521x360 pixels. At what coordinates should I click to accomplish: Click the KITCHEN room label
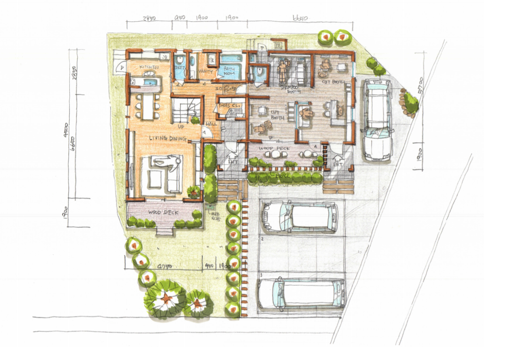click(x=149, y=67)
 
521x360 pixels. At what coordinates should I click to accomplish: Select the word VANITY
click(x=206, y=72)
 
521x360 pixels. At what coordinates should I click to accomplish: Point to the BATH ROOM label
click(x=229, y=71)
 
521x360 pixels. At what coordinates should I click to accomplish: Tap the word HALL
click(x=212, y=124)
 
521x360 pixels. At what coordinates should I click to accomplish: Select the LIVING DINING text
click(x=168, y=139)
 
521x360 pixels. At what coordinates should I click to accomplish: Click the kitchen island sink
click(x=149, y=74)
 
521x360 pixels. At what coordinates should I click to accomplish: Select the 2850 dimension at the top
click(x=149, y=18)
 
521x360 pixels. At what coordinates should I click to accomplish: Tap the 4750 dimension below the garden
click(x=162, y=265)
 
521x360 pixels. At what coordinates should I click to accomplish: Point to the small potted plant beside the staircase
click(x=194, y=120)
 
